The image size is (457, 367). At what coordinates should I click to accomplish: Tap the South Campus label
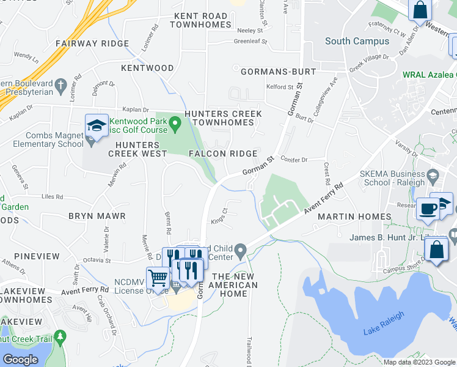click(x=357, y=42)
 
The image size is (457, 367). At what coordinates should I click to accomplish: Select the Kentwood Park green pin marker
click(x=175, y=126)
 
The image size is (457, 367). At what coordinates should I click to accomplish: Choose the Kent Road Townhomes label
click(x=203, y=20)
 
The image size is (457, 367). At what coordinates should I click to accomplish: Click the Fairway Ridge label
click(x=92, y=44)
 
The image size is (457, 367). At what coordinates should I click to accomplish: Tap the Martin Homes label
click(x=354, y=217)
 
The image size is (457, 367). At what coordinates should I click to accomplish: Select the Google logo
click(x=21, y=360)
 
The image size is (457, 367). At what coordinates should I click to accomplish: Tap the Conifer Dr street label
click(x=294, y=159)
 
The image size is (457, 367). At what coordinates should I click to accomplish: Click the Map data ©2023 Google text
click(x=419, y=362)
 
